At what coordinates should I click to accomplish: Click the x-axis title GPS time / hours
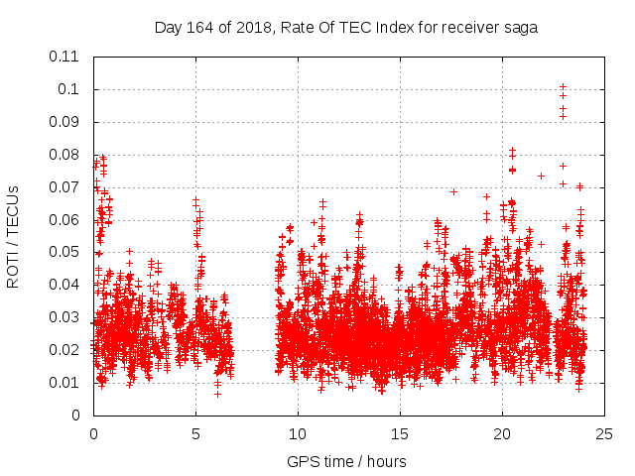[x=346, y=461]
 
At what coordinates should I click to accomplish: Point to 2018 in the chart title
[x=254, y=28]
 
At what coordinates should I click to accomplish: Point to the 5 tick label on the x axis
[x=195, y=433]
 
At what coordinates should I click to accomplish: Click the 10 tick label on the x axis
[x=298, y=433]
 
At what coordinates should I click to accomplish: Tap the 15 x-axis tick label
[x=400, y=433]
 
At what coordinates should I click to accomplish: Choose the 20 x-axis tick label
[x=502, y=433]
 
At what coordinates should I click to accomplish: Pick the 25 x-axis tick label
[x=604, y=433]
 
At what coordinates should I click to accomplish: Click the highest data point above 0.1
[x=563, y=86]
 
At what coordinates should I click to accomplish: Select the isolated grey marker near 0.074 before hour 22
[x=541, y=176]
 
